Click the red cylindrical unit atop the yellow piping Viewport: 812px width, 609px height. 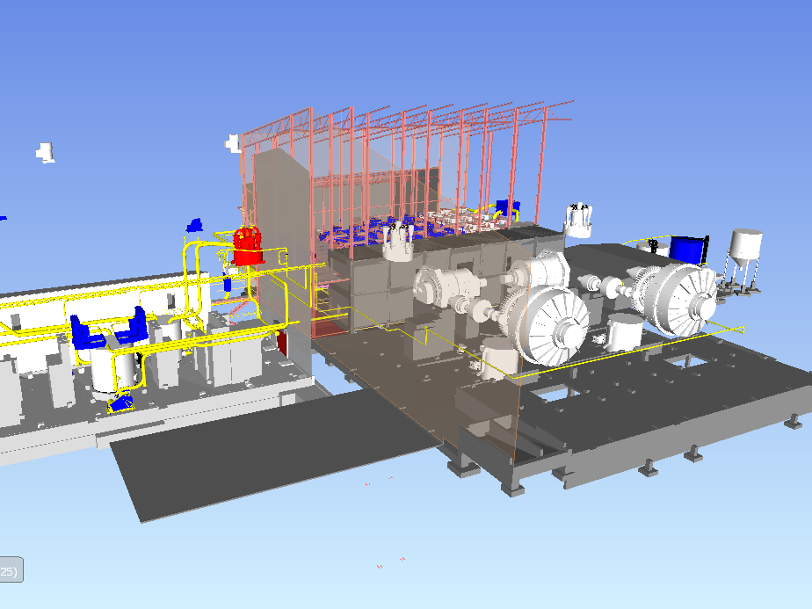pyautogui.click(x=248, y=245)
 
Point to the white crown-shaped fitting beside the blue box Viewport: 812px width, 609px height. pyautogui.click(x=578, y=220)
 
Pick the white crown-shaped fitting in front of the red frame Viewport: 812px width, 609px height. pyautogui.click(x=398, y=243)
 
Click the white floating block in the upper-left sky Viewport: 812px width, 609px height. pyautogui.click(x=46, y=153)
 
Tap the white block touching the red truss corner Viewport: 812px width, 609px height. pyautogui.click(x=233, y=142)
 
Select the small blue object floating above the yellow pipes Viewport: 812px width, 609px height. pyautogui.click(x=194, y=226)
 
